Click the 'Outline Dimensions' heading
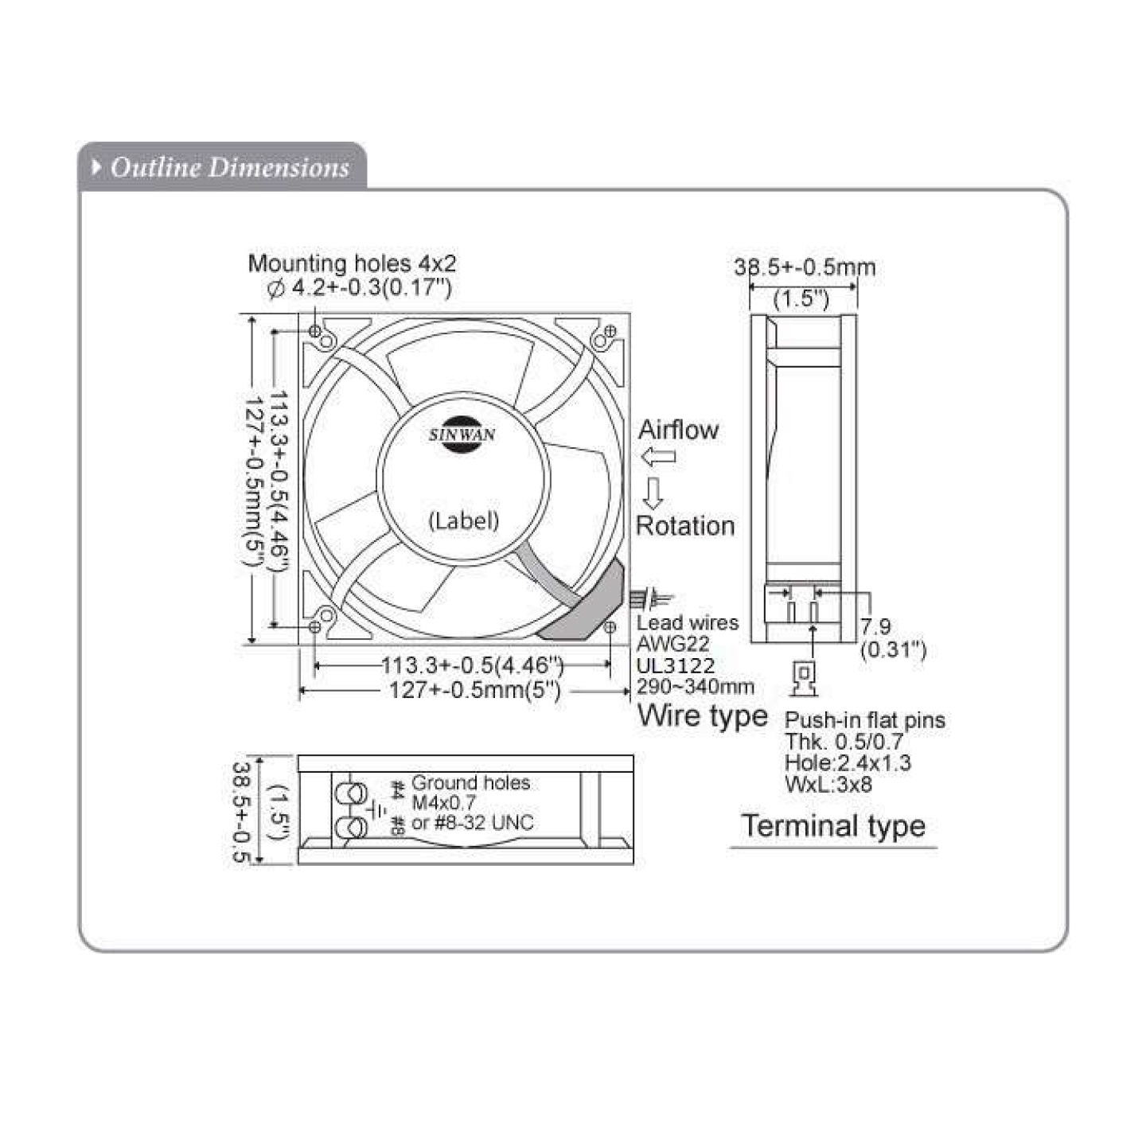pyautogui.click(x=229, y=167)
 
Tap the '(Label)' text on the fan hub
pyautogui.click(x=464, y=520)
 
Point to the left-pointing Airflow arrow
pyautogui.click(x=658, y=457)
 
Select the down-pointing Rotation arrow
pyautogui.click(x=653, y=493)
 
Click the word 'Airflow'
pyautogui.click(x=678, y=430)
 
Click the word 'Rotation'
pyautogui.click(x=684, y=525)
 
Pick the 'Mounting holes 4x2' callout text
pyautogui.click(x=352, y=263)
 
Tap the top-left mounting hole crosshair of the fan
pyautogui.click(x=315, y=330)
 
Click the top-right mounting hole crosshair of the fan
pyautogui.click(x=611, y=330)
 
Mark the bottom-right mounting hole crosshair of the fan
pyautogui.click(x=610, y=627)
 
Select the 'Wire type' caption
pyautogui.click(x=702, y=715)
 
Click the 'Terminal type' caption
pyautogui.click(x=833, y=825)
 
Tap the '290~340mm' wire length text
pyautogui.click(x=695, y=686)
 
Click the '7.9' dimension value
pyautogui.click(x=875, y=627)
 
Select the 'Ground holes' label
pyautogui.click(x=470, y=783)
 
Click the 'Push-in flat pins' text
pyautogui.click(x=865, y=720)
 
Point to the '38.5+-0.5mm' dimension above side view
pyautogui.click(x=805, y=267)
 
